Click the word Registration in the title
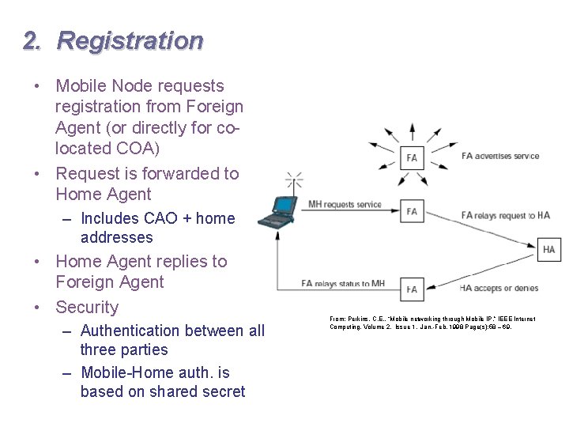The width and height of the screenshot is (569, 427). tap(130, 40)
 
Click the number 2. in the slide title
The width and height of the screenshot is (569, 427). tap(32, 40)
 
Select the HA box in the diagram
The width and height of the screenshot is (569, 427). tap(548, 250)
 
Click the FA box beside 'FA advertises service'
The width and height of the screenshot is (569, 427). tap(412, 157)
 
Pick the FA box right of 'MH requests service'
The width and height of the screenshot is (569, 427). tap(412, 211)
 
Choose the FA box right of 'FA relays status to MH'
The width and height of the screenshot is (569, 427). tap(412, 289)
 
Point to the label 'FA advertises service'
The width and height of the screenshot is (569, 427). tap(500, 156)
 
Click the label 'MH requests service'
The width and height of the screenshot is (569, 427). tap(345, 205)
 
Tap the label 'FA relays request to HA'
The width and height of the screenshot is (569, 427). tap(505, 215)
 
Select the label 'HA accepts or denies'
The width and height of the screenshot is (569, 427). tap(499, 288)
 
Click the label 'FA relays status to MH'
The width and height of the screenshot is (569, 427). tap(343, 283)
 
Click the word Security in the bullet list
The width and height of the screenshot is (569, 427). tap(87, 308)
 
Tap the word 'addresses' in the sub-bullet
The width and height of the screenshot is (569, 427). tap(116, 237)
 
